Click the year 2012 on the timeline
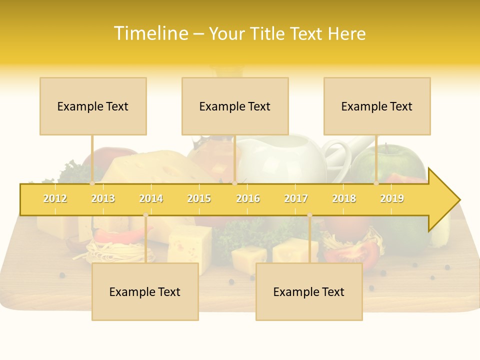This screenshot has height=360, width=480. [55, 198]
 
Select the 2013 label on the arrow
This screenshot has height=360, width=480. [103, 198]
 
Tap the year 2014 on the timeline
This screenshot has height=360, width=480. [151, 198]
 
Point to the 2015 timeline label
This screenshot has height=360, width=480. [199, 198]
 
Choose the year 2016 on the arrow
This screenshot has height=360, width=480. [248, 198]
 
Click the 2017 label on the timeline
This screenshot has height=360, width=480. [296, 198]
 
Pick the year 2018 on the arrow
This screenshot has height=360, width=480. [344, 198]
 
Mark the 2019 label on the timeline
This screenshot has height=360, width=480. [392, 198]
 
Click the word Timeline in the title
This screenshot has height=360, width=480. [150, 33]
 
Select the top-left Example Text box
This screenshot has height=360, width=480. [93, 106]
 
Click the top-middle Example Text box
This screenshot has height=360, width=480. [235, 106]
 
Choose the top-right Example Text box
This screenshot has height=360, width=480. [377, 106]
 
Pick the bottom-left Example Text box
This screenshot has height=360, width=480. [145, 291]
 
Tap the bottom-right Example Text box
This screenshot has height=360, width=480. [309, 291]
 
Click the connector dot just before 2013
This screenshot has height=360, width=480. [92, 183]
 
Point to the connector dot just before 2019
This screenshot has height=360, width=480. [376, 183]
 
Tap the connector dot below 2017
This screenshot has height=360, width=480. [309, 215]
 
